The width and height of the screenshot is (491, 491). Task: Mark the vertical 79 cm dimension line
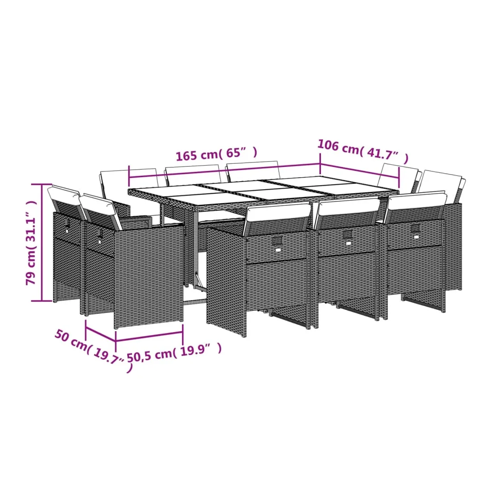point(42,242)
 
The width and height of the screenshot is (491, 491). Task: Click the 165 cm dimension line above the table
point(224,171)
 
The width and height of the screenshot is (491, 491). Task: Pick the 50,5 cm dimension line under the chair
point(150,337)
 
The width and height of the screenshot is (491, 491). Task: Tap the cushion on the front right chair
point(417,201)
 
